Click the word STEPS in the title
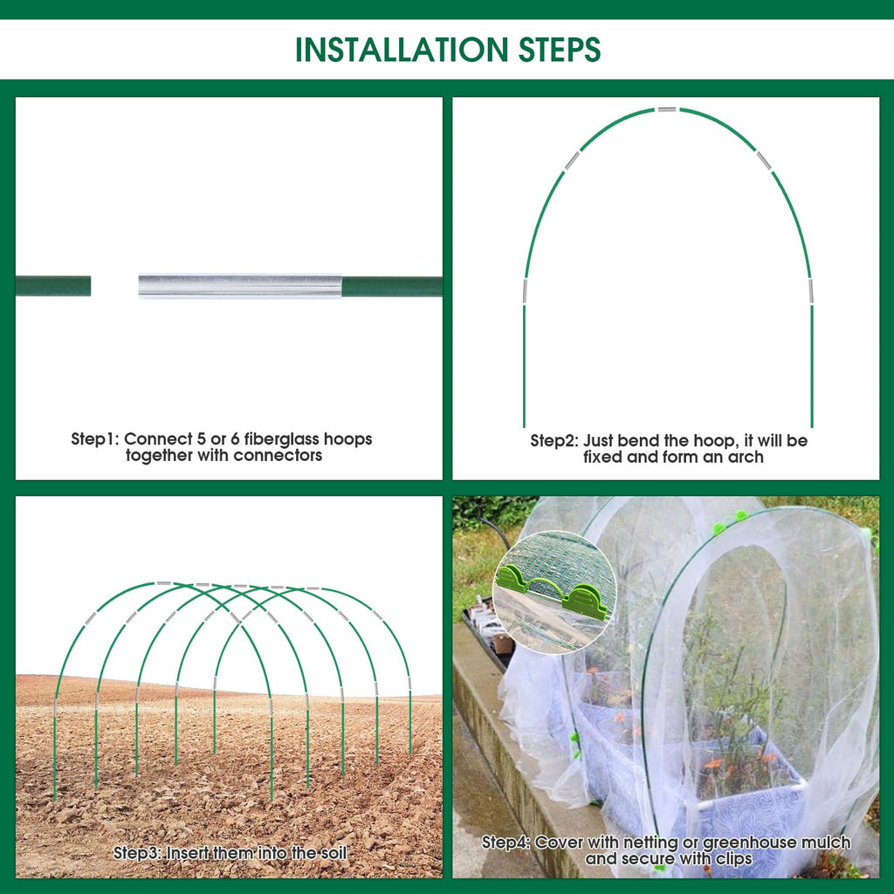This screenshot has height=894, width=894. [x=560, y=50]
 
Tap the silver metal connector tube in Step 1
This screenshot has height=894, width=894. [x=240, y=285]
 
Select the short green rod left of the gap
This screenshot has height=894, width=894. [x=53, y=285]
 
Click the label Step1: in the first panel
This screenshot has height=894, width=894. [x=95, y=439]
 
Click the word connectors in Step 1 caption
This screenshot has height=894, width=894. [x=278, y=456]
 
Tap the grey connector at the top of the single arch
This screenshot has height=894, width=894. [x=666, y=109]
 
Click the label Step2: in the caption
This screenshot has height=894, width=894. [x=554, y=441]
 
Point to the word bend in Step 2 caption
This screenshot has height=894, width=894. [x=638, y=441]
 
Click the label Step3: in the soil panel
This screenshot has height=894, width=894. [x=137, y=854]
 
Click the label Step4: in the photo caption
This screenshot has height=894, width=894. [x=505, y=842]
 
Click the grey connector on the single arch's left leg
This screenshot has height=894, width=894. [x=525, y=292]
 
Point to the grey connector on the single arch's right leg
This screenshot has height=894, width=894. [x=811, y=292]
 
